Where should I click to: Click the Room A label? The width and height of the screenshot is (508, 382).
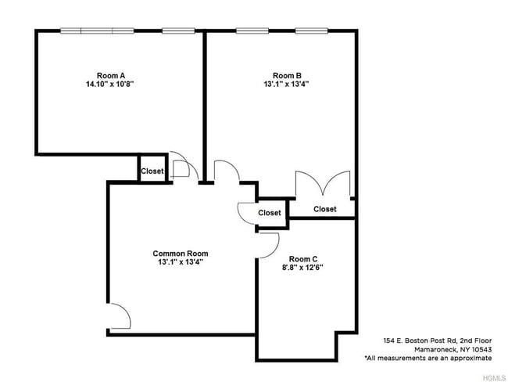coord(111,76)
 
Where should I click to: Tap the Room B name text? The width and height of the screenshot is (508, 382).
coord(287,76)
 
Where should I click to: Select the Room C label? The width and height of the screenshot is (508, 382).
coord(303,259)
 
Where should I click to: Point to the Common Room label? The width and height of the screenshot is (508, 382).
coord(180,254)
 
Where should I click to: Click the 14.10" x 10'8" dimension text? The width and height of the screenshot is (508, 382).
coord(110,84)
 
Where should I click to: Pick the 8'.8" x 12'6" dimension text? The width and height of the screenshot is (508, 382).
coord(302,268)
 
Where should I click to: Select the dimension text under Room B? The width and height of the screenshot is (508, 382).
coord(286,84)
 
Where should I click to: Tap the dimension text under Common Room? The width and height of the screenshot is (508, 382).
coord(180,262)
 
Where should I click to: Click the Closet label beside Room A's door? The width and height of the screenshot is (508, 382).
coord(152,171)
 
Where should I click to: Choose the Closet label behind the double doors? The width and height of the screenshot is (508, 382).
coord(324,209)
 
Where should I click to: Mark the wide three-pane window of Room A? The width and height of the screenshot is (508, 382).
coord(97,31)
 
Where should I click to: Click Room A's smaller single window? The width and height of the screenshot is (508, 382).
coord(178,31)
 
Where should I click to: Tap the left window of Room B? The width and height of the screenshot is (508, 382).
coord(252,31)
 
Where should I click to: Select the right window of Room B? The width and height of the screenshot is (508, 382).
coord(312,31)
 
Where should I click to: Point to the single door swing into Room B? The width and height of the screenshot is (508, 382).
coord(231,164)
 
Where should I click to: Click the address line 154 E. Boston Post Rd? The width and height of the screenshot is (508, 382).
coord(438,341)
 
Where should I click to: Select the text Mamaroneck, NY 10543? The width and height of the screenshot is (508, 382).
coord(453,350)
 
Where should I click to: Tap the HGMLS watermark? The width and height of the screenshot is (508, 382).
coord(494,378)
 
